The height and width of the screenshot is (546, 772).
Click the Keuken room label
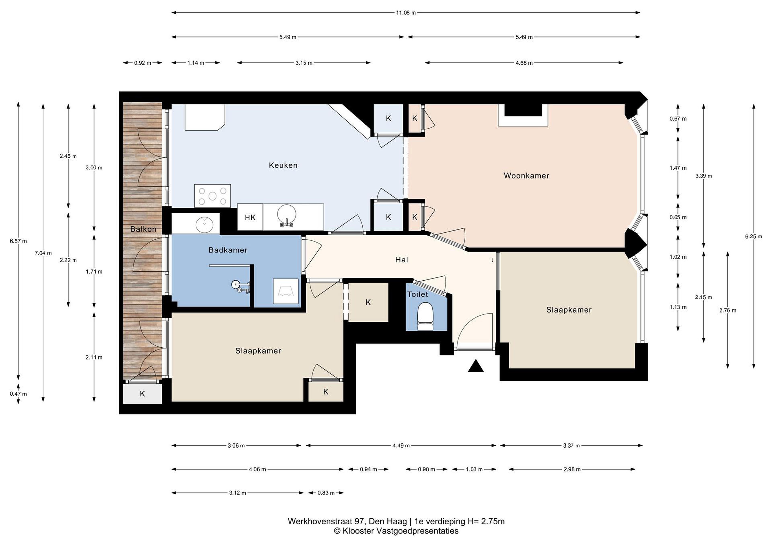(283, 165)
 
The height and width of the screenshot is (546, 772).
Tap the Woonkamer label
(526, 176)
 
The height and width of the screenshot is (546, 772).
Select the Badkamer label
(228, 250)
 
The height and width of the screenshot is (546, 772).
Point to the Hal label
(402, 259)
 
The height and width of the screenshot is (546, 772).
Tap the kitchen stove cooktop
(213, 196)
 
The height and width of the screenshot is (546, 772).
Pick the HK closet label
(250, 218)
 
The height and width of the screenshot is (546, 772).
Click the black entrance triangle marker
(476, 366)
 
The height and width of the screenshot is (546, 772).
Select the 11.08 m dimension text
(406, 13)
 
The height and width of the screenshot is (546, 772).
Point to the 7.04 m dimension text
(43, 253)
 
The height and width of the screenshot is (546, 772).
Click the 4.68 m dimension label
(524, 63)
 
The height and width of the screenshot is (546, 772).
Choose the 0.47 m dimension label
(18, 394)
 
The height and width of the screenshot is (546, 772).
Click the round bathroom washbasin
(205, 224)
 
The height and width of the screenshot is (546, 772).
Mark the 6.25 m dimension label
(754, 236)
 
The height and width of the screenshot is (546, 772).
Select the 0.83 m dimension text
(326, 493)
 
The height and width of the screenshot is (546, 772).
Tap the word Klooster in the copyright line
(358, 531)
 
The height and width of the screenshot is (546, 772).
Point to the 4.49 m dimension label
(401, 445)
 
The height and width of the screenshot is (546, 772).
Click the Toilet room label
(418, 295)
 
